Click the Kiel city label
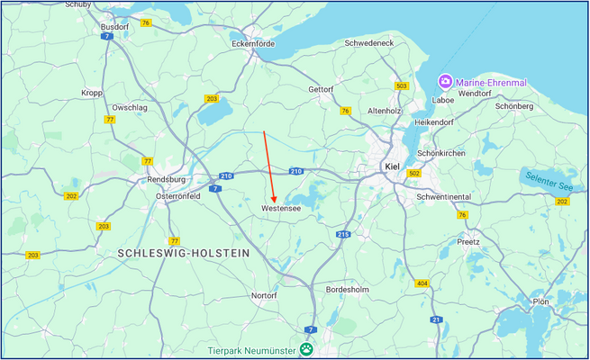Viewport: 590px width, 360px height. tap(391, 166)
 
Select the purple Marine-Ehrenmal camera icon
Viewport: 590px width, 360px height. tap(445, 82)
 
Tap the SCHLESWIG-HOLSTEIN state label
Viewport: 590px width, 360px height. tap(183, 255)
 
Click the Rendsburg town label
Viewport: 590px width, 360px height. tap(165, 180)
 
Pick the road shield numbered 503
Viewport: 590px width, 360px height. tap(401, 85)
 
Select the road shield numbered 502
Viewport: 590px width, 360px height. tap(414, 173)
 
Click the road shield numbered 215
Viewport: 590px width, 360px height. tap(343, 234)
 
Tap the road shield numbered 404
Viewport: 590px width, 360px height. tap(422, 283)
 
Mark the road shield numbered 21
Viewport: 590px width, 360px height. tap(435, 319)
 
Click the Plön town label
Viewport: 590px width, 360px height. tap(540, 301)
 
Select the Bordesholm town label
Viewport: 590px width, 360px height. tap(347, 290)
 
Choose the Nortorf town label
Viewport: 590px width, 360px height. tap(264, 295)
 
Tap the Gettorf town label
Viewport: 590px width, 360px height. tap(320, 90)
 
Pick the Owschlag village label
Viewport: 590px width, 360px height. tap(130, 107)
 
